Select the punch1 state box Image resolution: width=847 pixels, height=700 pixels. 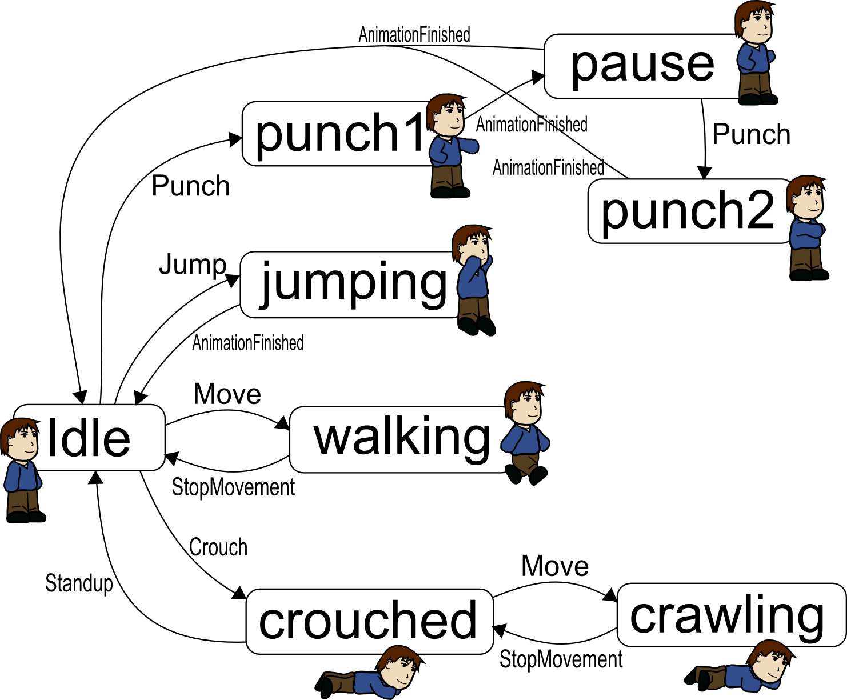coord(337,134)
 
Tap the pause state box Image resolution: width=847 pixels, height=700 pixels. coord(640,66)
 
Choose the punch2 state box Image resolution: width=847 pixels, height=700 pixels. coord(686,211)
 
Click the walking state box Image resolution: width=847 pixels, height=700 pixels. coord(400,439)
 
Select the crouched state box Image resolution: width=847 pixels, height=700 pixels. coord(369,621)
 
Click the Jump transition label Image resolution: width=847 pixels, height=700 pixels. coord(193,265)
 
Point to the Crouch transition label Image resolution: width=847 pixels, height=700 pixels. coord(218,547)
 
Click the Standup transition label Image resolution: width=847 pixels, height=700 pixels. coord(79,583)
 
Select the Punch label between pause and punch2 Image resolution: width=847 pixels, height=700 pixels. coord(751,135)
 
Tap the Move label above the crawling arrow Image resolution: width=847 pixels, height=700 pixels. coord(554,566)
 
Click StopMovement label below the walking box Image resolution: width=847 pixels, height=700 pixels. coord(233,487)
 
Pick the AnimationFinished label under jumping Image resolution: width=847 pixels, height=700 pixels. coord(247,343)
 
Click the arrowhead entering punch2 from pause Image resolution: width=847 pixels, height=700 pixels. coord(705,173)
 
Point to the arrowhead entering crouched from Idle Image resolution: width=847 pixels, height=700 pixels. coord(239,593)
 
